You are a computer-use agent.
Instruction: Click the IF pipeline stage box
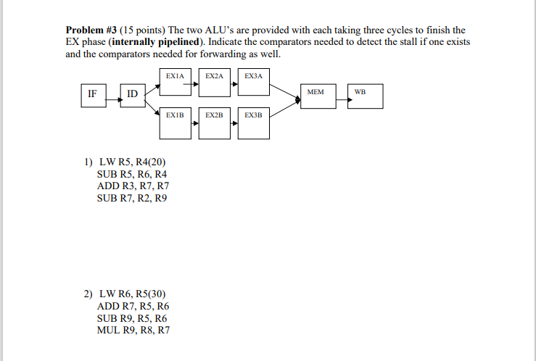click(91, 96)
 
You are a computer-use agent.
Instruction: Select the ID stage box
click(133, 96)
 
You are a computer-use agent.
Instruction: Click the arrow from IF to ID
click(112, 94)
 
